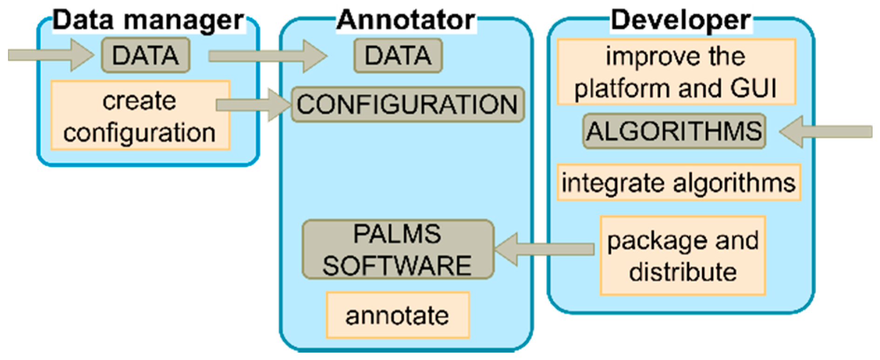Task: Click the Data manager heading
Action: pyautogui.click(x=148, y=20)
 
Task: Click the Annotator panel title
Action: pyautogui.click(x=406, y=20)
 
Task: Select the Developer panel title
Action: pyautogui.click(x=680, y=20)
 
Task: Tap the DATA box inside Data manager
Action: pyautogui.click(x=146, y=56)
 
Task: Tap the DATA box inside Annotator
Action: pyautogui.click(x=398, y=56)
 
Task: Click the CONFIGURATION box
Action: pyautogui.click(x=407, y=104)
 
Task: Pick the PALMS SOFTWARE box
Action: pyautogui.click(x=398, y=250)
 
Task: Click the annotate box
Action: pyautogui.click(x=398, y=315)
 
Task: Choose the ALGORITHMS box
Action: pyautogui.click(x=674, y=131)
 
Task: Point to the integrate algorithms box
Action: pyautogui.click(x=678, y=183)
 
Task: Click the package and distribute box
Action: pyautogui.click(x=683, y=256)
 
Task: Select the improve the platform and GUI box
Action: pyautogui.click(x=676, y=72)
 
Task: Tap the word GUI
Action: pyautogui.click(x=753, y=88)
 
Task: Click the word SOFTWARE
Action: pyautogui.click(x=397, y=266)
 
